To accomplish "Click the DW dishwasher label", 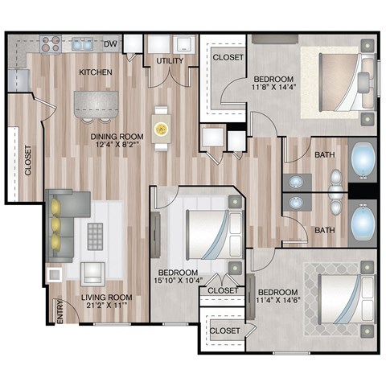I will point(110,43).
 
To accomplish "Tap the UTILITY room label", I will point(170,61).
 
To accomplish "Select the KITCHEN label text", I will point(95,73).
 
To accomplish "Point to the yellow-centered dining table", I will point(162,128).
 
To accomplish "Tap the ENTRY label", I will point(59,311).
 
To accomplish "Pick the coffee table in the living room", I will point(96,236).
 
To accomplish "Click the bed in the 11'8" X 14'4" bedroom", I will point(334,80).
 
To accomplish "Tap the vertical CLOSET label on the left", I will point(28,160).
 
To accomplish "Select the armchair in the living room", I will point(93,273).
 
